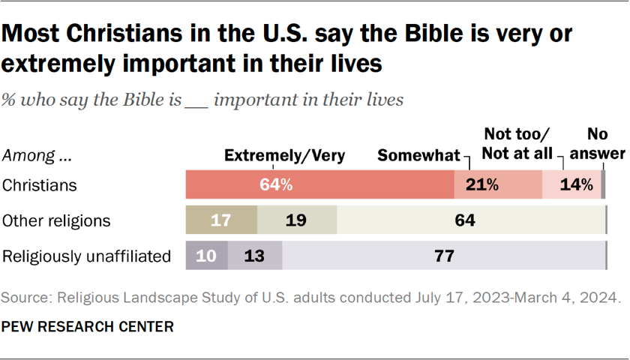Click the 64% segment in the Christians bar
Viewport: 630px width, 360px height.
coord(320,184)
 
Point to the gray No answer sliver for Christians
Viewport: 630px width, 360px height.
coord(603,184)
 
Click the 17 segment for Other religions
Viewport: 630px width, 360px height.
coord(221,220)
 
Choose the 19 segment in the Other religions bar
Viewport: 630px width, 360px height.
coord(297,220)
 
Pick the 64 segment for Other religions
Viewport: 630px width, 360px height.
coord(470,220)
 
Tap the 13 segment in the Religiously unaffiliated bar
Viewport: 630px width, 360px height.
coord(255,256)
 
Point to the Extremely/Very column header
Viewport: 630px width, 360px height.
coord(285,156)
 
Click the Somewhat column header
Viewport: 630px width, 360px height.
coord(418,156)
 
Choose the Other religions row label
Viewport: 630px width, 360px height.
coord(57,220)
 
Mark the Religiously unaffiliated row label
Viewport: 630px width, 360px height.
coord(87,256)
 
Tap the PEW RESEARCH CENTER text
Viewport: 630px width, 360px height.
coord(88,326)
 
